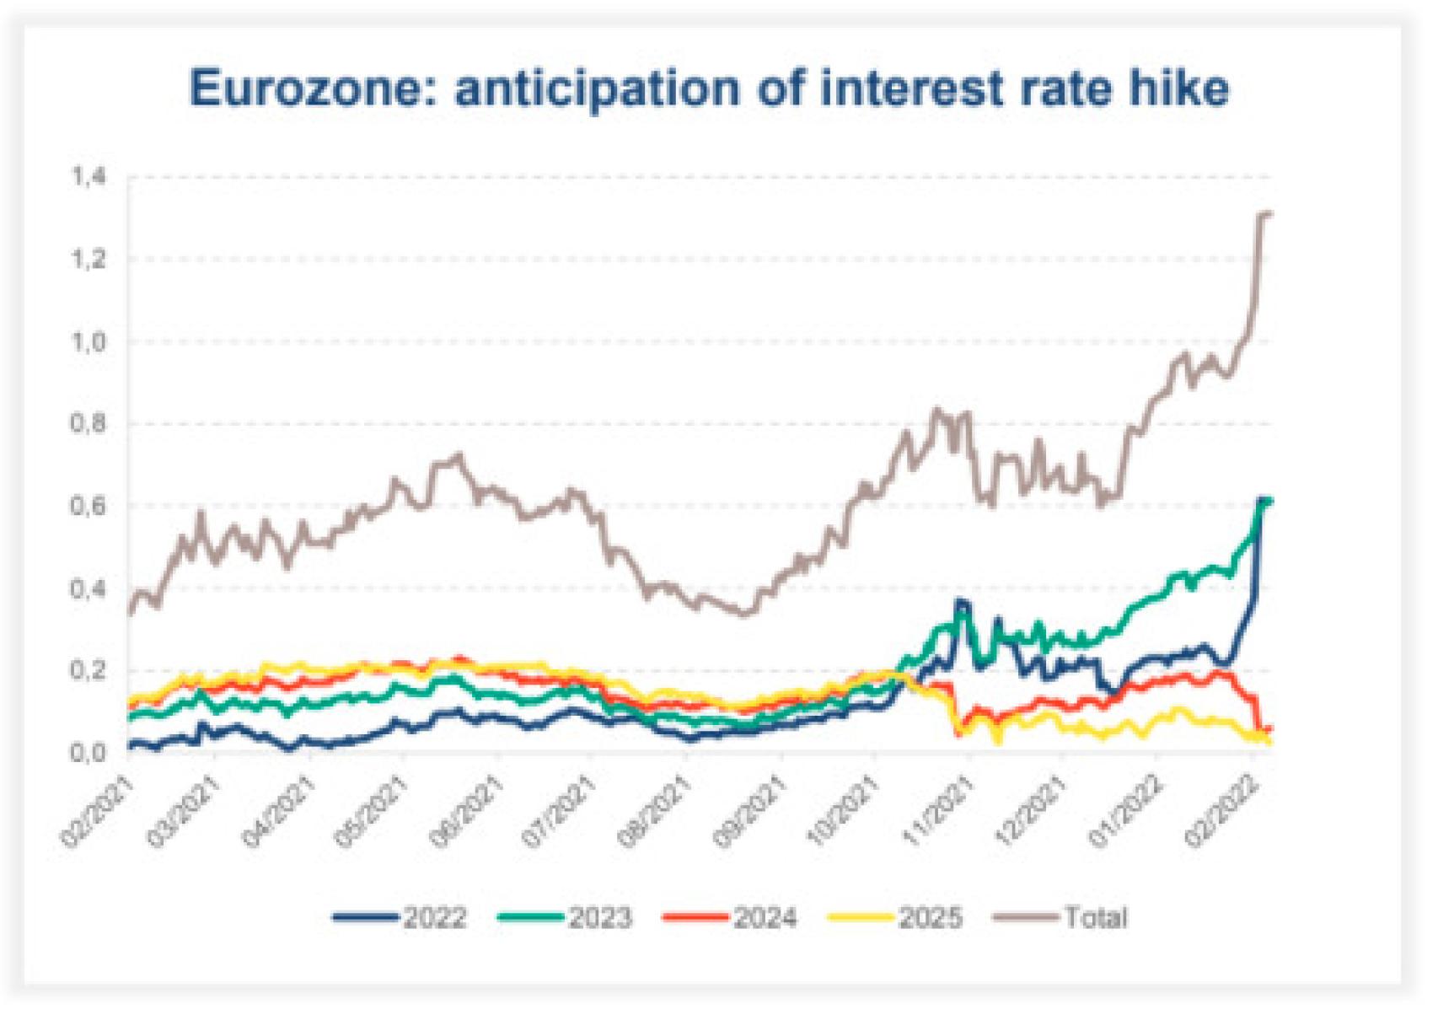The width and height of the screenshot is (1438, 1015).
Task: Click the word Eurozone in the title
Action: click(304, 89)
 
